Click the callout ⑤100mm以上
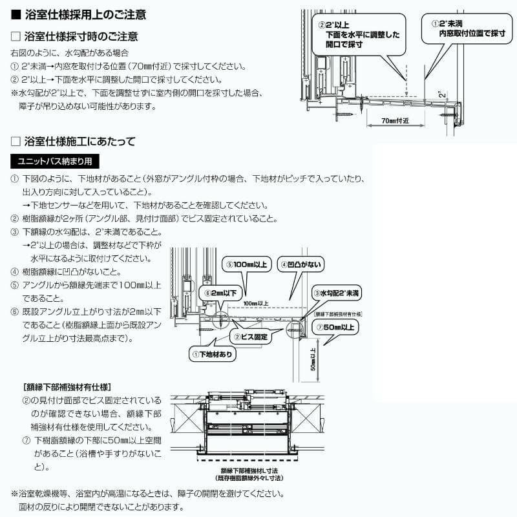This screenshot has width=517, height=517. pos(247,264)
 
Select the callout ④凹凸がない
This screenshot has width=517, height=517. pos(301,264)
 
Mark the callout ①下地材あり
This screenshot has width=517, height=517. pos(213,354)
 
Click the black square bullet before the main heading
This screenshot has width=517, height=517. pos(16,14)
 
